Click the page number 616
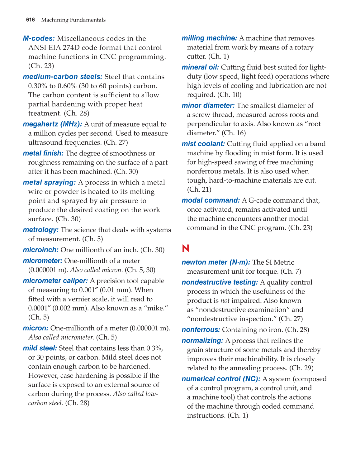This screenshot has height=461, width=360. coord(30,20)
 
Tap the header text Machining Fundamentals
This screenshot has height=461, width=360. coord(73,20)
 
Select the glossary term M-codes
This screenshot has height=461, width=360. coord(39,39)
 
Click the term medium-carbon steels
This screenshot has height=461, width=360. coord(62,77)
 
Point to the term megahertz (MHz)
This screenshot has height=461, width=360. coord(52,124)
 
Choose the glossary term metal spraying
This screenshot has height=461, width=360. coord(49,183)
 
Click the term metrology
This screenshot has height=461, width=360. coord(40,230)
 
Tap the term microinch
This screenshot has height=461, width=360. coord(40,250)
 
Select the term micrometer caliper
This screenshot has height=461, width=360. coord(55,281)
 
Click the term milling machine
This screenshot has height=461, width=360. coord(209,38)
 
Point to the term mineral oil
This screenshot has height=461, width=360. coord(200,67)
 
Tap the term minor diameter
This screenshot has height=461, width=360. coord(208,106)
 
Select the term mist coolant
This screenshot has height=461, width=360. coord(203,144)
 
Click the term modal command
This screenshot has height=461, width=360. coord(211,200)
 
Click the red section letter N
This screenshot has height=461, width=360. coord(186,248)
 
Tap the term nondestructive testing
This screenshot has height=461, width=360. coord(220,282)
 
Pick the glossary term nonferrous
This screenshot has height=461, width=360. coord(201,330)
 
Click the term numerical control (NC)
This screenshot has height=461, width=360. coord(221,379)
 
